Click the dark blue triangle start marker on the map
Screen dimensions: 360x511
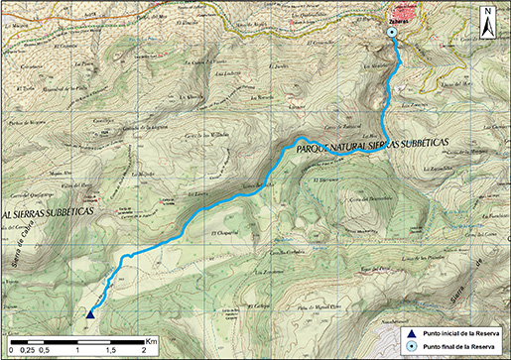coord(90,313)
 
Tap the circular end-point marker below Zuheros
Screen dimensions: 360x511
coord(392,33)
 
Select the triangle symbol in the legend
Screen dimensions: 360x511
coord(409,333)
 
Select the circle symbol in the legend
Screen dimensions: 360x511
coord(409,347)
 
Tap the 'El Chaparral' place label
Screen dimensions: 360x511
coord(225,233)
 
